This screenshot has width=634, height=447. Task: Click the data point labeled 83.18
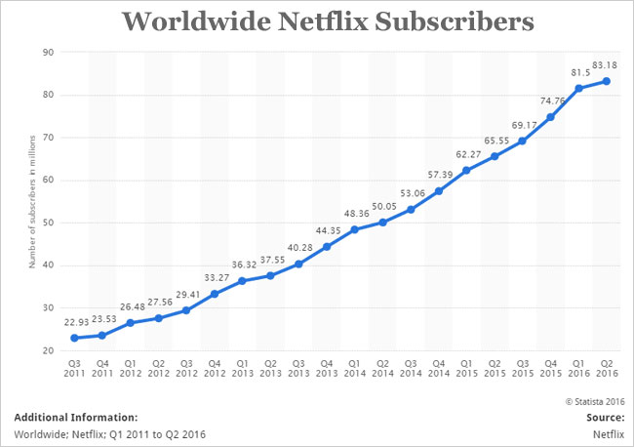click(x=609, y=81)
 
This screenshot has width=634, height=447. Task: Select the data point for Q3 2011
click(x=73, y=338)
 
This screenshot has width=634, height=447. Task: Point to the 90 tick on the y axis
click(x=45, y=52)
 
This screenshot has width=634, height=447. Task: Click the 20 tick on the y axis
click(x=45, y=350)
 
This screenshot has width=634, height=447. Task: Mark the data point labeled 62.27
click(x=467, y=171)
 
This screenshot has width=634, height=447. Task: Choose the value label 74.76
click(x=552, y=101)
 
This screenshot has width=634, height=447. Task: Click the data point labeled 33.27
click(x=214, y=294)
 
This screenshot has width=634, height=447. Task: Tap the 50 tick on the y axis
click(x=45, y=223)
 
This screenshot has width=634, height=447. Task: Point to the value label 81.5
click(x=578, y=72)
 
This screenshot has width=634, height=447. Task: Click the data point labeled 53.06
click(x=411, y=210)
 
